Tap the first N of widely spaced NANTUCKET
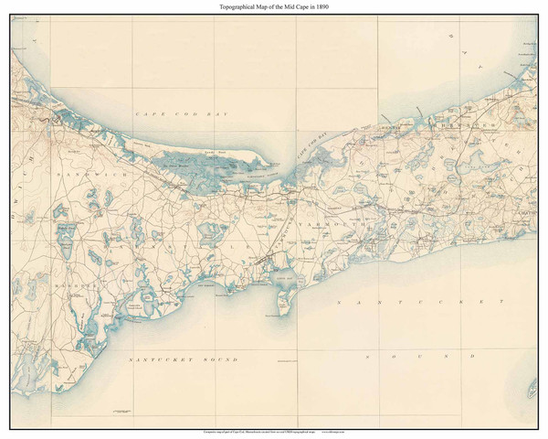339,300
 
